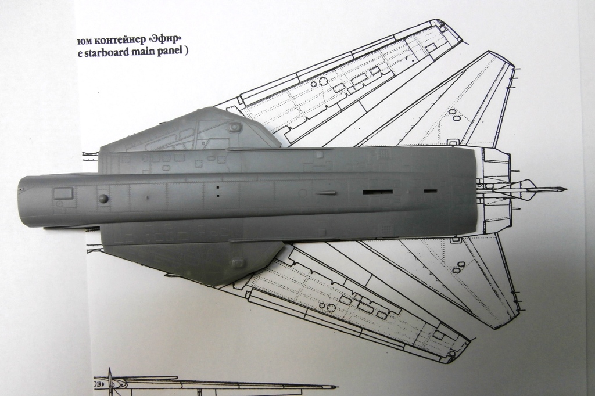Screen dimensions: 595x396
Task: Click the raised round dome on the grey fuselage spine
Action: click(x=103, y=199)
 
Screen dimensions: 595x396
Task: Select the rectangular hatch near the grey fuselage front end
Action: click(x=63, y=193)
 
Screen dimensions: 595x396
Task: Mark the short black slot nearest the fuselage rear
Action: click(x=429, y=190)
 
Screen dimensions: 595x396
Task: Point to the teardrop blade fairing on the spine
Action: click(x=325, y=193)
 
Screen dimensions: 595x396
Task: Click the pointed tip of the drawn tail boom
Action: click(x=564, y=189)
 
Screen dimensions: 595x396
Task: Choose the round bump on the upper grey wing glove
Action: click(x=235, y=126)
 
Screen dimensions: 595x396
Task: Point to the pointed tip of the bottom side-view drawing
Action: click(x=335, y=386)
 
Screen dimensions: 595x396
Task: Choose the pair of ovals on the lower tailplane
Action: click(x=460, y=267)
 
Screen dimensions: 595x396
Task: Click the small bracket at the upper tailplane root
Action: click(x=451, y=141)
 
